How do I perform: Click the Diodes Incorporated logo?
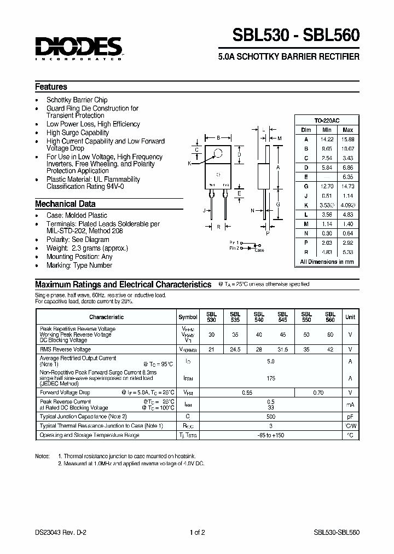[x=78, y=48]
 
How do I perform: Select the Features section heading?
[x=51, y=86]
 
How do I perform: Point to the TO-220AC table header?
[x=327, y=120]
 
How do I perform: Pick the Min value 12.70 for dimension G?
[x=327, y=187]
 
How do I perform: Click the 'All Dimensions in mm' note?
[x=327, y=262]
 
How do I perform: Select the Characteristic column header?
[x=106, y=317]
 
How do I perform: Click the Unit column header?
[x=350, y=317]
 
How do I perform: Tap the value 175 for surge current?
[x=271, y=378]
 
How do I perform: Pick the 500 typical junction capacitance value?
[x=271, y=417]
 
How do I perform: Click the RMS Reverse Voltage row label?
[x=65, y=349]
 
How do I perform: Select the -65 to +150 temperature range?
[x=271, y=435]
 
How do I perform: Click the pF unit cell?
[x=350, y=417]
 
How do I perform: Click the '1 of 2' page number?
[x=197, y=531]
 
